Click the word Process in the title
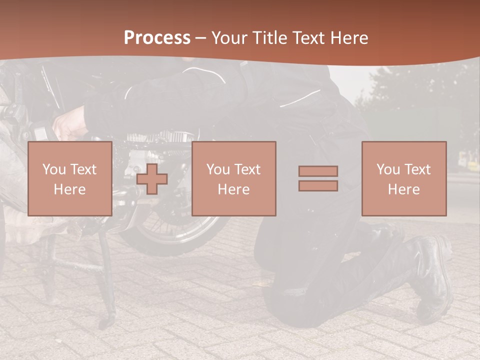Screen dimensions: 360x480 (157, 38)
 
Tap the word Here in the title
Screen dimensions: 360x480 (348, 38)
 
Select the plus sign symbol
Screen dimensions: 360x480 (152, 178)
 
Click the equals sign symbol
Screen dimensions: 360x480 (318, 178)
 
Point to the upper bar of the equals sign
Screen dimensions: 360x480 (318, 171)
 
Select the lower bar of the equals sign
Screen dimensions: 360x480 (318, 185)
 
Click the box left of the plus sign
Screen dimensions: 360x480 (69, 178)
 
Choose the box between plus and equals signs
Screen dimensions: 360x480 (233, 178)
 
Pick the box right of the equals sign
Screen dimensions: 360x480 (403, 178)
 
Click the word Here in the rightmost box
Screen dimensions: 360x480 (403, 189)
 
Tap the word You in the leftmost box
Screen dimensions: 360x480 (53, 169)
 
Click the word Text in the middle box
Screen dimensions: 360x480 (248, 169)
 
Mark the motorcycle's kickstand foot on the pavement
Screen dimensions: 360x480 (106, 322)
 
